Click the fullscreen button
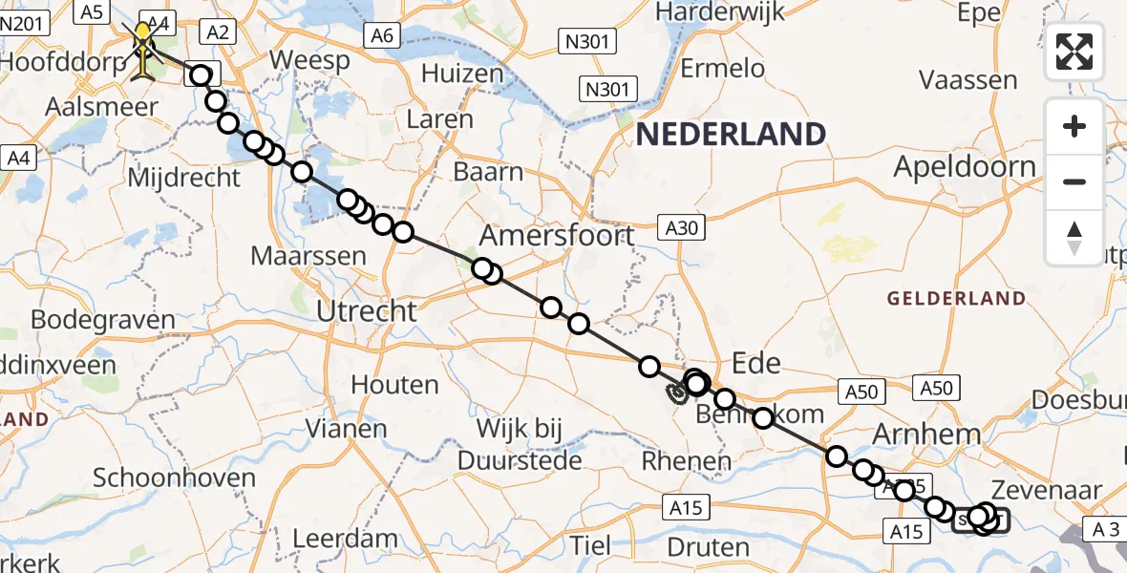coord(1074,52)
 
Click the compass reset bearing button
coord(1074,237)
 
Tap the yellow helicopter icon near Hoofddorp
coord(143,48)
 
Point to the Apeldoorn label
coord(965,167)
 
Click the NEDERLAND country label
coord(731,134)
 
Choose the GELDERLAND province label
coord(956,299)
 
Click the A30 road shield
coord(679,226)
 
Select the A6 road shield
coord(381,35)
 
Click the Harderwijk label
coord(720,11)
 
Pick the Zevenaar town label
coord(1048,491)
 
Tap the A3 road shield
coord(1105,529)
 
